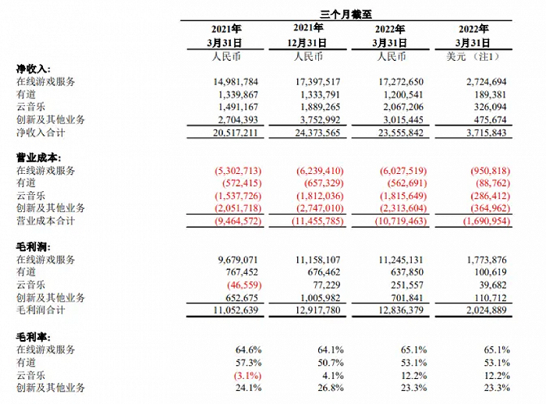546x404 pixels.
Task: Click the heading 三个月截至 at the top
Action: click(x=346, y=14)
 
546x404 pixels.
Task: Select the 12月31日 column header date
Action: click(x=307, y=43)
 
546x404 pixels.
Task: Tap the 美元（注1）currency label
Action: click(x=473, y=56)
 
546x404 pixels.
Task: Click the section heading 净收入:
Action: click(x=33, y=69)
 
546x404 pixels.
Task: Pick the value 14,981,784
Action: click(x=236, y=82)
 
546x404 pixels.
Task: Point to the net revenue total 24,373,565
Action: click(x=317, y=133)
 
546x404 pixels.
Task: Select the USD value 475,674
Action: click(x=490, y=120)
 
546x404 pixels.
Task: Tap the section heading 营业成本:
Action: click(x=38, y=158)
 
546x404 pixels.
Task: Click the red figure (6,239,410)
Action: click(x=320, y=171)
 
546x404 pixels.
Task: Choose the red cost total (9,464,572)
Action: click(x=238, y=221)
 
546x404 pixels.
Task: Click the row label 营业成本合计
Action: click(x=45, y=221)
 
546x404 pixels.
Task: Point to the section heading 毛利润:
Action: click(x=33, y=247)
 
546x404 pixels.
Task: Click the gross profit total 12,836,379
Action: click(x=401, y=310)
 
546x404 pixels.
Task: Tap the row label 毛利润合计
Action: click(x=41, y=310)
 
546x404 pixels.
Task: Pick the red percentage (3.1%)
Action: click(x=247, y=375)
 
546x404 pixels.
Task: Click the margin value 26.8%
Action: click(x=331, y=388)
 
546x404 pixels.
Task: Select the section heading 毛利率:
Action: click(x=33, y=337)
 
